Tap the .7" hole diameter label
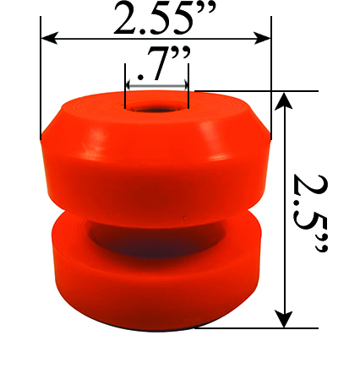(x=157, y=65)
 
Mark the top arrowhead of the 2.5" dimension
(x=285, y=100)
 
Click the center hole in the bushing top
(x=156, y=108)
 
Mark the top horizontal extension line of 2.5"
(x=254, y=90)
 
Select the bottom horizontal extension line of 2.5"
(x=254, y=327)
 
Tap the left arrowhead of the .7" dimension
(x=129, y=85)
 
